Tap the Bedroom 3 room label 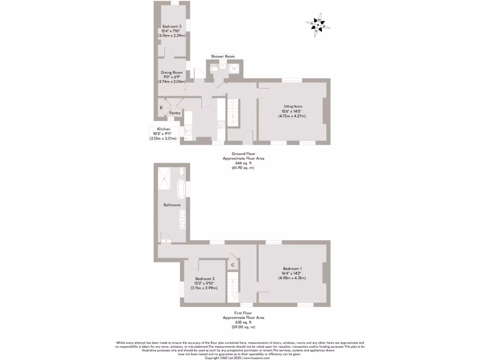tap(172, 26)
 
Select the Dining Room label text tap(172, 73)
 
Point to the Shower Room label tap(223, 56)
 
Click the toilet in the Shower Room tap(215, 68)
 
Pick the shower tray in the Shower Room tap(233, 68)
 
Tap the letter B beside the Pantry tap(161, 107)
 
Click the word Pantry tap(175, 113)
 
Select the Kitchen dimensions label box tap(164, 134)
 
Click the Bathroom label tap(172, 205)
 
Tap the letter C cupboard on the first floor tap(233, 265)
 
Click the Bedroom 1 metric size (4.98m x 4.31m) tap(294, 278)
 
